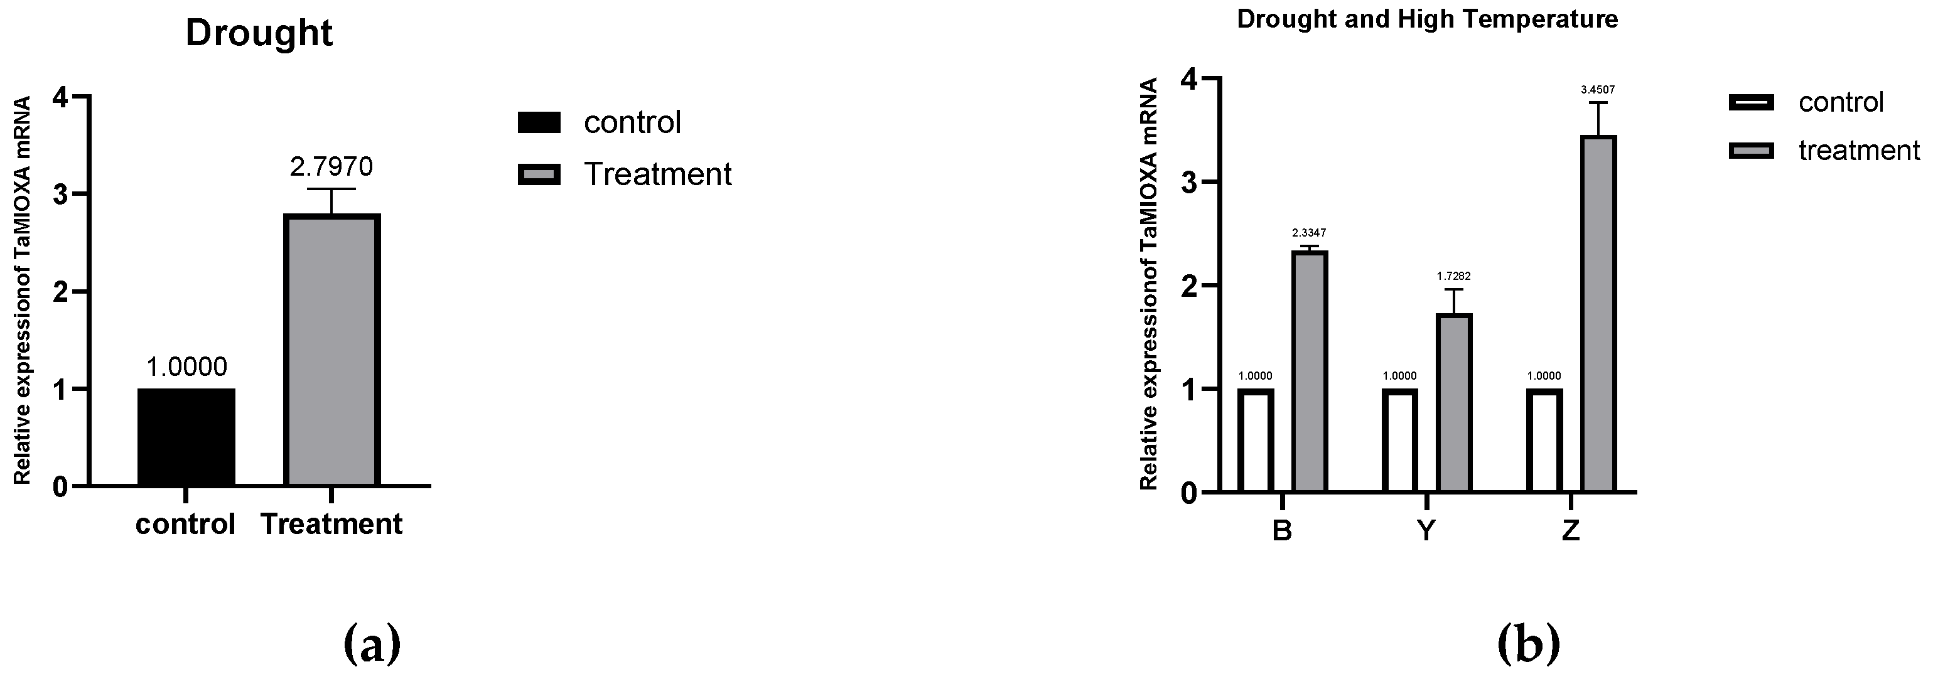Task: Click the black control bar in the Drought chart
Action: [x=186, y=437]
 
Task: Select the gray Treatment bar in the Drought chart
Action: [x=331, y=350]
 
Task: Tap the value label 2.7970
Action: [x=331, y=166]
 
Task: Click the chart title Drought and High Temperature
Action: [x=1426, y=19]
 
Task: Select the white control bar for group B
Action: [x=1256, y=441]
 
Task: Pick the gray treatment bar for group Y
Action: [x=1454, y=403]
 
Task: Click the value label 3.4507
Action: [x=1598, y=90]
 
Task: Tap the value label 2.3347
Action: [x=1309, y=233]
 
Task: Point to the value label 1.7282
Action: [x=1453, y=276]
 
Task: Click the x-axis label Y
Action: [x=1426, y=530]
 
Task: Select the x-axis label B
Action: [x=1283, y=530]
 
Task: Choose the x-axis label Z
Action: [x=1571, y=530]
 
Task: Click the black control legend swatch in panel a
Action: [x=539, y=122]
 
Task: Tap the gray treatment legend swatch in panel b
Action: [x=1752, y=151]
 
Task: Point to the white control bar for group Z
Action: [x=1544, y=441]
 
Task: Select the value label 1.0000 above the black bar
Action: [x=186, y=367]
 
